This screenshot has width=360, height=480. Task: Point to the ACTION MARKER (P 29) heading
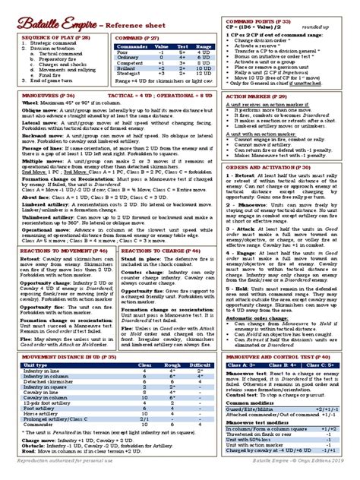pyautogui.click(x=261, y=118)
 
